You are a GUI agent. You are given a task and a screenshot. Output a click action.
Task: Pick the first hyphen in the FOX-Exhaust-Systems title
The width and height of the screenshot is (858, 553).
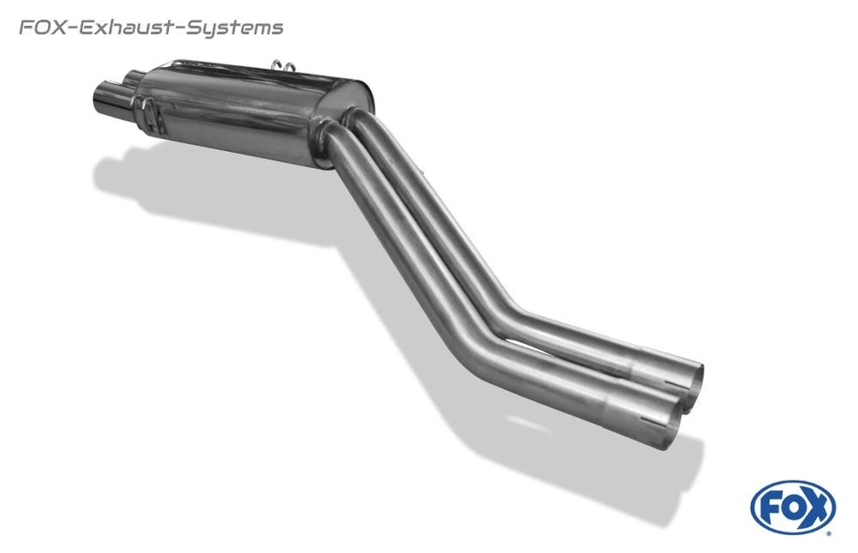tap(72, 29)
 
